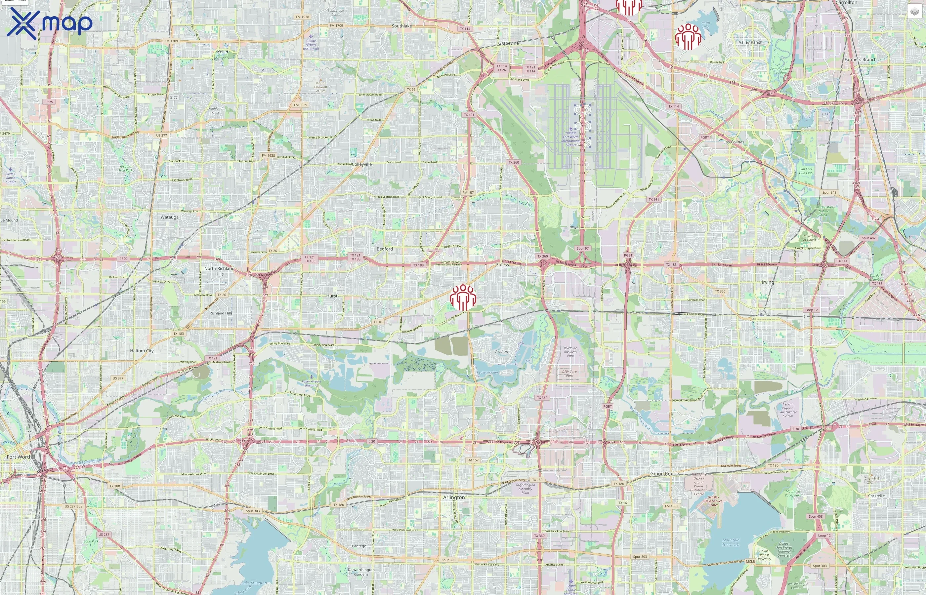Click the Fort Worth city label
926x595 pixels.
(x=19, y=457)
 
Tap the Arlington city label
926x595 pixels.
(x=454, y=497)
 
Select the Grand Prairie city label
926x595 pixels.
(x=664, y=474)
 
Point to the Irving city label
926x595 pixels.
(x=768, y=282)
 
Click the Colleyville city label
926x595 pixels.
(x=362, y=164)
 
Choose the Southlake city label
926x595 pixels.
(x=401, y=26)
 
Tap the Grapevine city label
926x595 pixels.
(x=508, y=43)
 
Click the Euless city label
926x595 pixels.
(x=502, y=265)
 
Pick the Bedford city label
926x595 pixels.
(x=385, y=249)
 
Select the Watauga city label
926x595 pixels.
(x=170, y=217)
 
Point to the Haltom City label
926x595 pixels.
(x=142, y=351)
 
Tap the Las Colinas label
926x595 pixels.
(x=734, y=142)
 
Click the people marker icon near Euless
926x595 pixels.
(x=463, y=297)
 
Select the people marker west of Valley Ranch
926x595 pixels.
(x=688, y=37)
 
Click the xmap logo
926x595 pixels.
(x=50, y=23)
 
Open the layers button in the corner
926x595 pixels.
(x=914, y=12)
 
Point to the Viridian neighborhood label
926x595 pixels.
(x=501, y=352)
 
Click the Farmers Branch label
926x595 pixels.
(x=860, y=59)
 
